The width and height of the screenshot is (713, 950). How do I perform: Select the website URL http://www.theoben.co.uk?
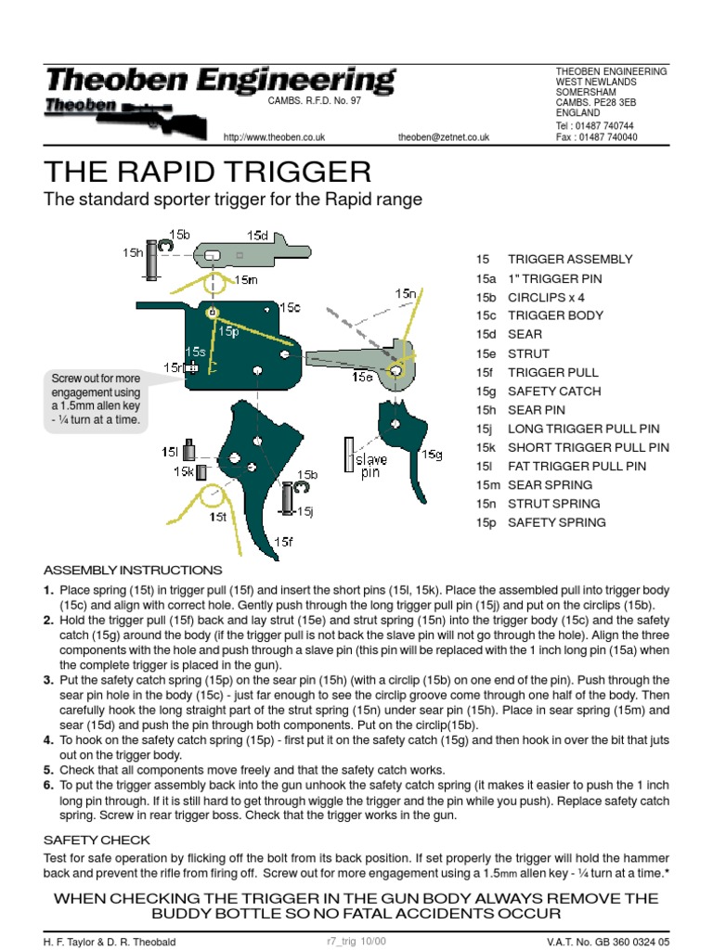[x=275, y=137]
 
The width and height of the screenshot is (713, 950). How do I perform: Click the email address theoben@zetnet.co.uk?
[x=443, y=137]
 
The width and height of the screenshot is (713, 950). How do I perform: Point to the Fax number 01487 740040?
[x=596, y=137]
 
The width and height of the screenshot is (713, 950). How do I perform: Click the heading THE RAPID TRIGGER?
[x=207, y=172]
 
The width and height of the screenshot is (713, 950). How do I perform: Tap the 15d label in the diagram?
[x=257, y=236]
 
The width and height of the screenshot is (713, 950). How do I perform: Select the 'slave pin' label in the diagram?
[x=373, y=466]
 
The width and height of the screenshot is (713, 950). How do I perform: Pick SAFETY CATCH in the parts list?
[x=553, y=392]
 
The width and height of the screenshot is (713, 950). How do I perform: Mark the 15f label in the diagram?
[x=283, y=541]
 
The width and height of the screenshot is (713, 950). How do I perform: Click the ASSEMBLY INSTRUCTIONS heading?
[x=133, y=570]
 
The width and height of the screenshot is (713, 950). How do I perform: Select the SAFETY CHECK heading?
[x=97, y=840]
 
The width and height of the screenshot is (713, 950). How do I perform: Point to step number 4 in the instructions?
[x=49, y=739]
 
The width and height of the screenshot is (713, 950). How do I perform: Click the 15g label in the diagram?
[x=432, y=455]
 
